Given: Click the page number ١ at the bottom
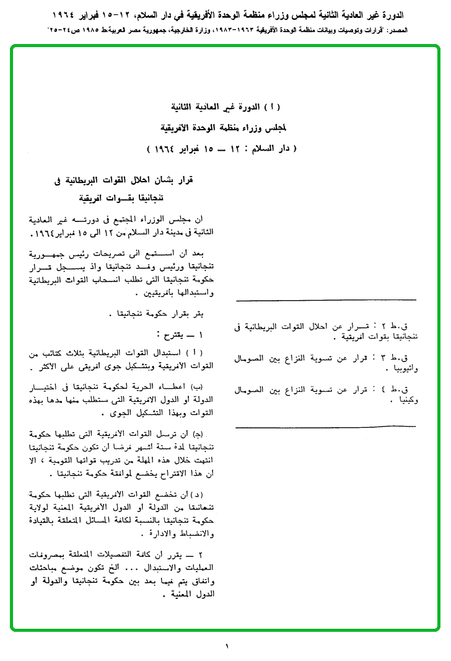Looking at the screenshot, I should click(227, 647).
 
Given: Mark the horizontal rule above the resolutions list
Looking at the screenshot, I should click(326, 301).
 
